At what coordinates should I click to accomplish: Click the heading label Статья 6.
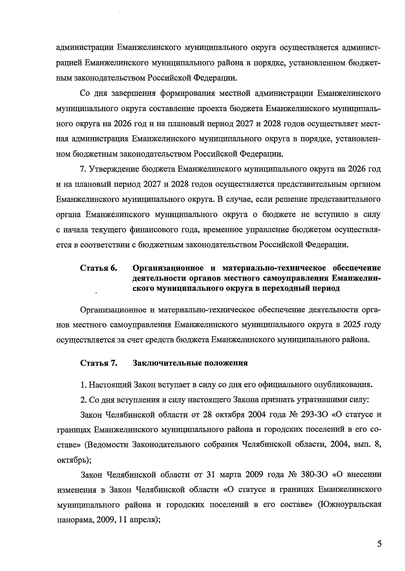99,268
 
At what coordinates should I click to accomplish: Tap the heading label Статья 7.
99,363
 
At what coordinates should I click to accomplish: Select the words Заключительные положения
190,363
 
